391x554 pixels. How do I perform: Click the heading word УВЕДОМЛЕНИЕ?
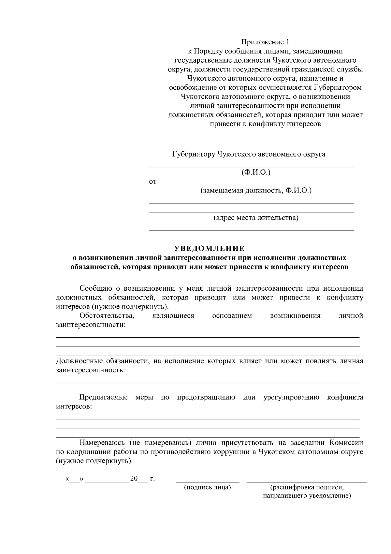[x=209, y=249]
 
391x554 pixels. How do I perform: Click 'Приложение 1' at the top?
[x=265, y=42]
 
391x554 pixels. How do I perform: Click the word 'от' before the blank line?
[x=152, y=182]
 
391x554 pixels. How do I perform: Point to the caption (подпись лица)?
[x=208, y=487]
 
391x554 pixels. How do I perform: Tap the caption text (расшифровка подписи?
[x=307, y=487]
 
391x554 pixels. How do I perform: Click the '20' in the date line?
[x=134, y=479]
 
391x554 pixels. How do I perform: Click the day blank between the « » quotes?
[x=75, y=480]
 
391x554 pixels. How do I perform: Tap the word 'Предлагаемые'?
[x=103, y=397]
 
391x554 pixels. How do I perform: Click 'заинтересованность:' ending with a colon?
[x=91, y=370]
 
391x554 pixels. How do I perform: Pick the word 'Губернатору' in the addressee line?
[x=193, y=154]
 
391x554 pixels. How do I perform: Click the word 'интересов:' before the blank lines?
[x=74, y=407]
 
